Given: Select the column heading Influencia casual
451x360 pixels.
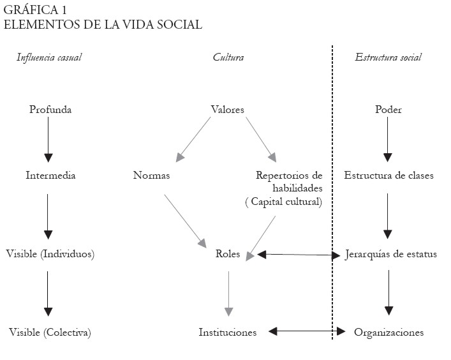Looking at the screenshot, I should click(49, 57).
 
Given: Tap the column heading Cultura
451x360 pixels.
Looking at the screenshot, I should click(228, 57).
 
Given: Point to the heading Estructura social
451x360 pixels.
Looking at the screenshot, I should click(388, 57).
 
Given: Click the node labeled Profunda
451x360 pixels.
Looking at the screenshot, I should click(50, 110).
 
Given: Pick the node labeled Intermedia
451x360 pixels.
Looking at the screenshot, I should click(50, 175).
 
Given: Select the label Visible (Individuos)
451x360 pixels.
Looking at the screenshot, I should click(50, 254).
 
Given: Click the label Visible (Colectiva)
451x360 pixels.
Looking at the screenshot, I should click(50, 333).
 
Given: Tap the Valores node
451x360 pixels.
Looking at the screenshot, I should click(227, 110).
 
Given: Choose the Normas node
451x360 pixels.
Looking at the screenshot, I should click(152, 175).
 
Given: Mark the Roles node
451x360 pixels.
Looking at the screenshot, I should click(228, 254).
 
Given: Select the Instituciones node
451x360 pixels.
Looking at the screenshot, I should click(227, 333).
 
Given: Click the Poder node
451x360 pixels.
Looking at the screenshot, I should click(388, 110).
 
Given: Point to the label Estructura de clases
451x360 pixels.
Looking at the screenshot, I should click(388, 175).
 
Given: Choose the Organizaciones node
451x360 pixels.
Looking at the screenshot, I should click(388, 333).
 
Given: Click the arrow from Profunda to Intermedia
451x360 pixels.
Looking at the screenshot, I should click(47, 139).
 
